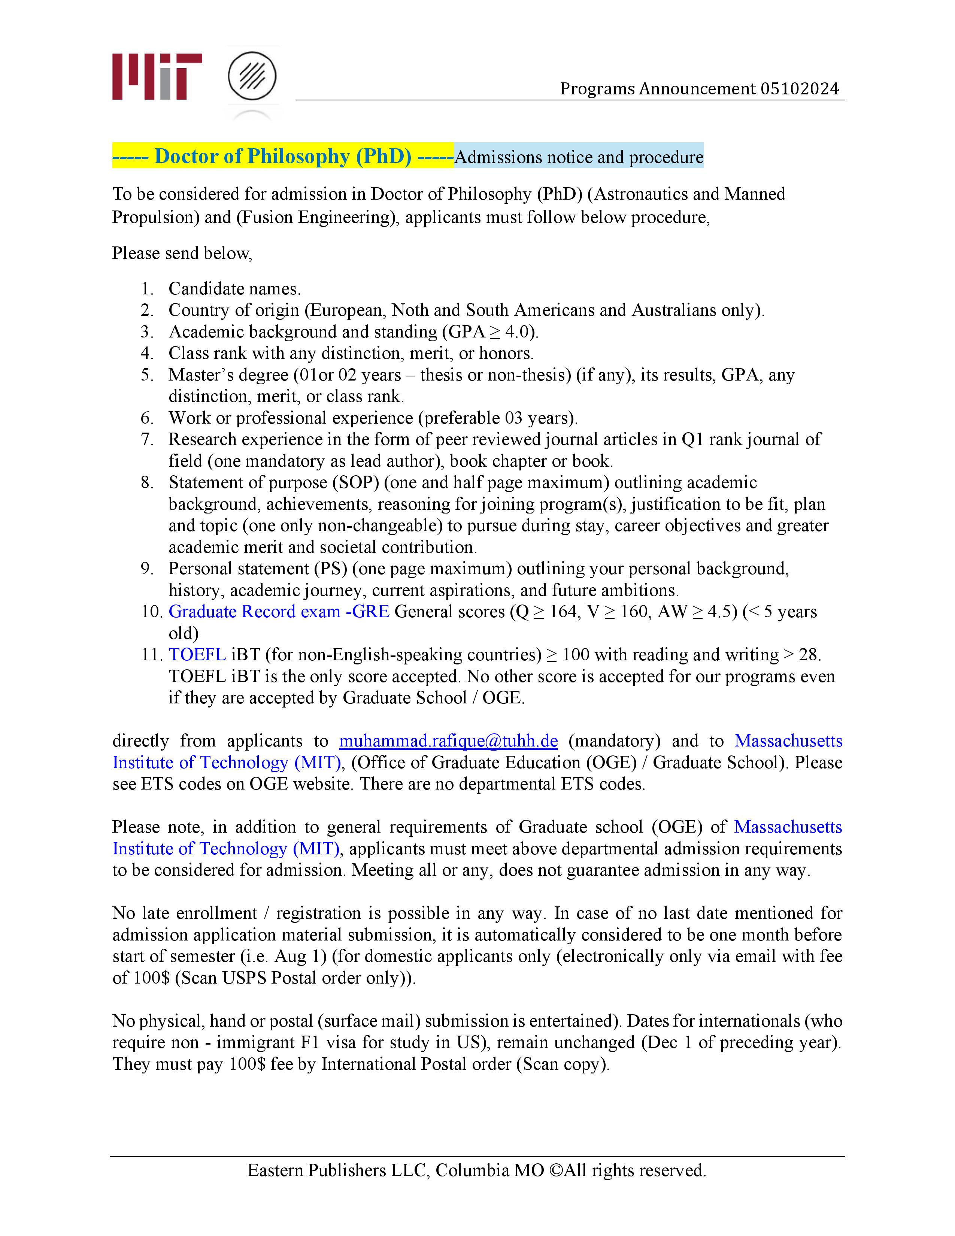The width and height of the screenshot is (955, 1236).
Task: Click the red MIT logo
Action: click(157, 76)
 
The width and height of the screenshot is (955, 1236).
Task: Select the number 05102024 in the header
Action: click(800, 89)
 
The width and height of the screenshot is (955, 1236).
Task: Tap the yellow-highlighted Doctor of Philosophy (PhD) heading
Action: click(283, 156)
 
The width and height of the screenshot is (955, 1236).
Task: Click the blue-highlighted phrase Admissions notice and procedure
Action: click(579, 157)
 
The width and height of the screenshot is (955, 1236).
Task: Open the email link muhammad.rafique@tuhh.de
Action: click(448, 741)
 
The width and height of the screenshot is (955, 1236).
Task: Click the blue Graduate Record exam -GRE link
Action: click(279, 611)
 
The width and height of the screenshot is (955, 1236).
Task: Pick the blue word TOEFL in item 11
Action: click(197, 654)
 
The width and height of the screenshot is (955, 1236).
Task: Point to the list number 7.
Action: click(146, 439)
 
